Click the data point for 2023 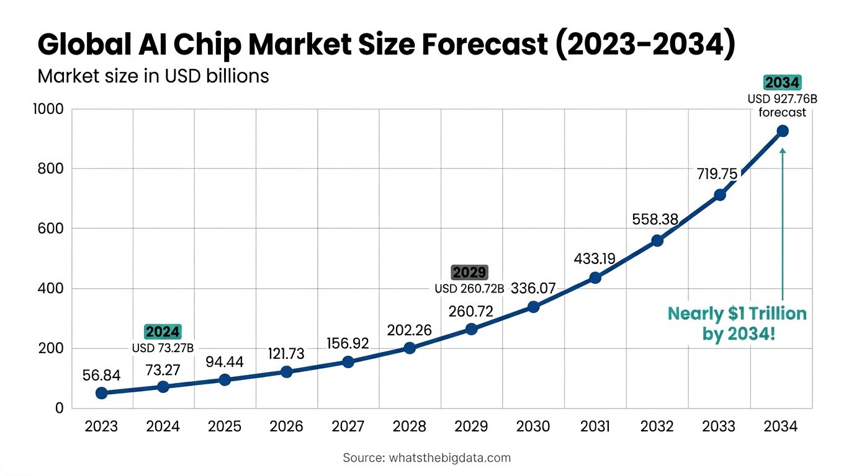pyautogui.click(x=102, y=392)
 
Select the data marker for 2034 pyautogui.click(x=782, y=131)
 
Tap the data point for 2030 pyautogui.click(x=533, y=307)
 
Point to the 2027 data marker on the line pyautogui.click(x=348, y=361)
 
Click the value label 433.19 pyautogui.click(x=594, y=258)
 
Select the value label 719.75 pyautogui.click(x=717, y=174)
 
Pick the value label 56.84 pyautogui.click(x=101, y=375)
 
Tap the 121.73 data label pyautogui.click(x=286, y=354)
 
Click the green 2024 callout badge pyautogui.click(x=163, y=332)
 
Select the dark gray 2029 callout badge pyautogui.click(x=470, y=272)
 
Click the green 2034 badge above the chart pyautogui.click(x=782, y=82)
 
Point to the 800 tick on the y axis pyautogui.click(x=52, y=169)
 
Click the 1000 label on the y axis pyautogui.click(x=47, y=109)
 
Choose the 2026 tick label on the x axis pyautogui.click(x=286, y=426)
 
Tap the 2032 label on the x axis pyautogui.click(x=657, y=426)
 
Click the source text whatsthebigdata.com pyautogui.click(x=449, y=458)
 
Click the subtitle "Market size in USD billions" pyautogui.click(x=153, y=76)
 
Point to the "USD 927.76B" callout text pyautogui.click(x=782, y=98)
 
